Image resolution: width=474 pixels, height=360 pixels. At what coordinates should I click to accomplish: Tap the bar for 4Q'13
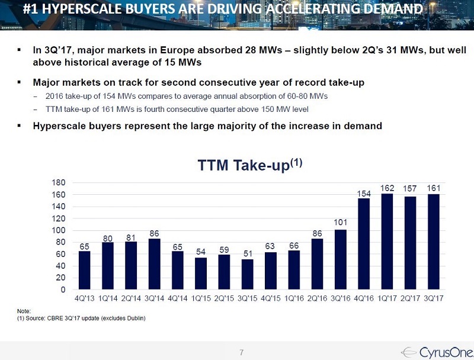coord(85,271)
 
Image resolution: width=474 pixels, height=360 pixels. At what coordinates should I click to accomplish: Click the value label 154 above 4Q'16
coord(364,193)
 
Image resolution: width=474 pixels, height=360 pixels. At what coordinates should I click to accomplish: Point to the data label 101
coord(341,223)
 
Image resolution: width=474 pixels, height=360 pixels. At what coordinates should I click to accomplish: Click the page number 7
coord(241,353)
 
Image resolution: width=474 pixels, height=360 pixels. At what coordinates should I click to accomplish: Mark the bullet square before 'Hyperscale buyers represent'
coord(20,126)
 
